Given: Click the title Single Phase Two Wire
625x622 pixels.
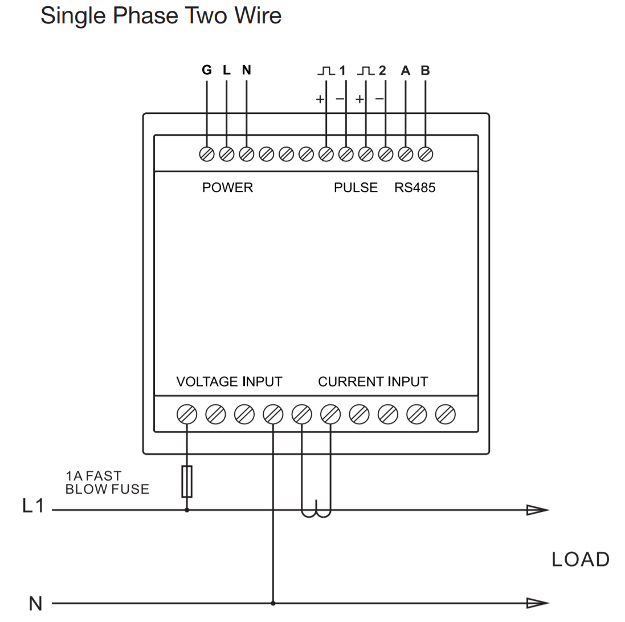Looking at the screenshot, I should point(161,15).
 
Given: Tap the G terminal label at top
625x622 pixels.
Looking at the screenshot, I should point(206,70).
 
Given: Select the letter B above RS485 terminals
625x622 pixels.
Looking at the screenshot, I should point(425,71).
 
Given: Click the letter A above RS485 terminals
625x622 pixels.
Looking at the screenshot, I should point(406,71).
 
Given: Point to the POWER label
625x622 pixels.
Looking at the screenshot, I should point(227,188).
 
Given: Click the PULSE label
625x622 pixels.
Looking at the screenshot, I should point(356,188).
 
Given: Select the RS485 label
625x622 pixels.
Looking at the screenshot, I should point(415,188).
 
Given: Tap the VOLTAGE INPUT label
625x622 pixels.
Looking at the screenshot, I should point(229,381).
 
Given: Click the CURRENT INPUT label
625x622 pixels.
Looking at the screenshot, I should point(373,381).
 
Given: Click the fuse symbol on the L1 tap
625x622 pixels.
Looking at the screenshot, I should point(186,481).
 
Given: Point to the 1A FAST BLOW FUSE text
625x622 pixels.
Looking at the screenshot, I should point(107,482).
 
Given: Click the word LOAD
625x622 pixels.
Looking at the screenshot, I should point(580,560).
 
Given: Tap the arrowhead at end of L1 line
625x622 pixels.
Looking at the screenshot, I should point(537,510).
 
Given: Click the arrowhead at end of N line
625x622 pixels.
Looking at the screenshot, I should point(537,603).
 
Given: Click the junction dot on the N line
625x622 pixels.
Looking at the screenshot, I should point(273,603).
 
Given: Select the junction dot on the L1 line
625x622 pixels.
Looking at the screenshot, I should point(186,510).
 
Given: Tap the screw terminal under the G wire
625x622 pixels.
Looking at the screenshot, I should point(206,153).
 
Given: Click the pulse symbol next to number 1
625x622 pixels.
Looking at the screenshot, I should point(326,71).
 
